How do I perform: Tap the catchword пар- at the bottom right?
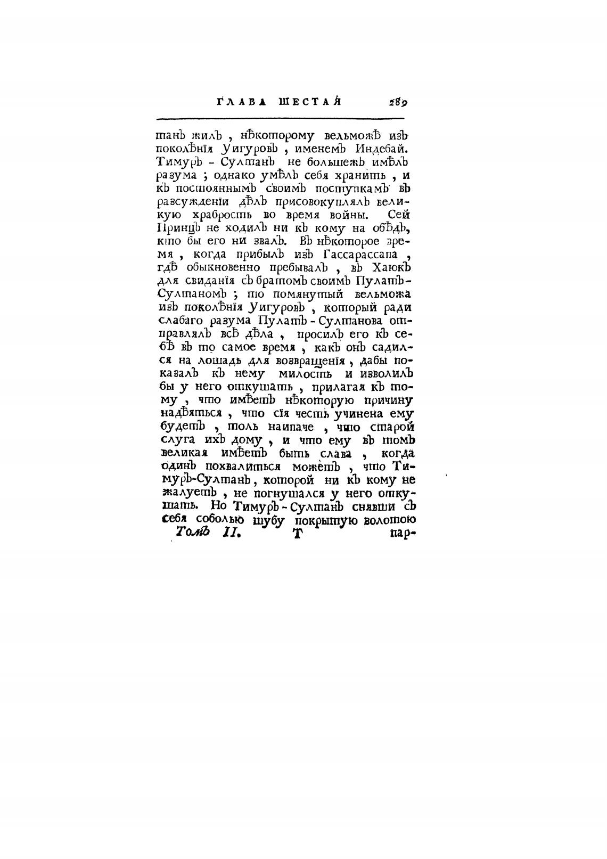pyautogui.click(x=402, y=533)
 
